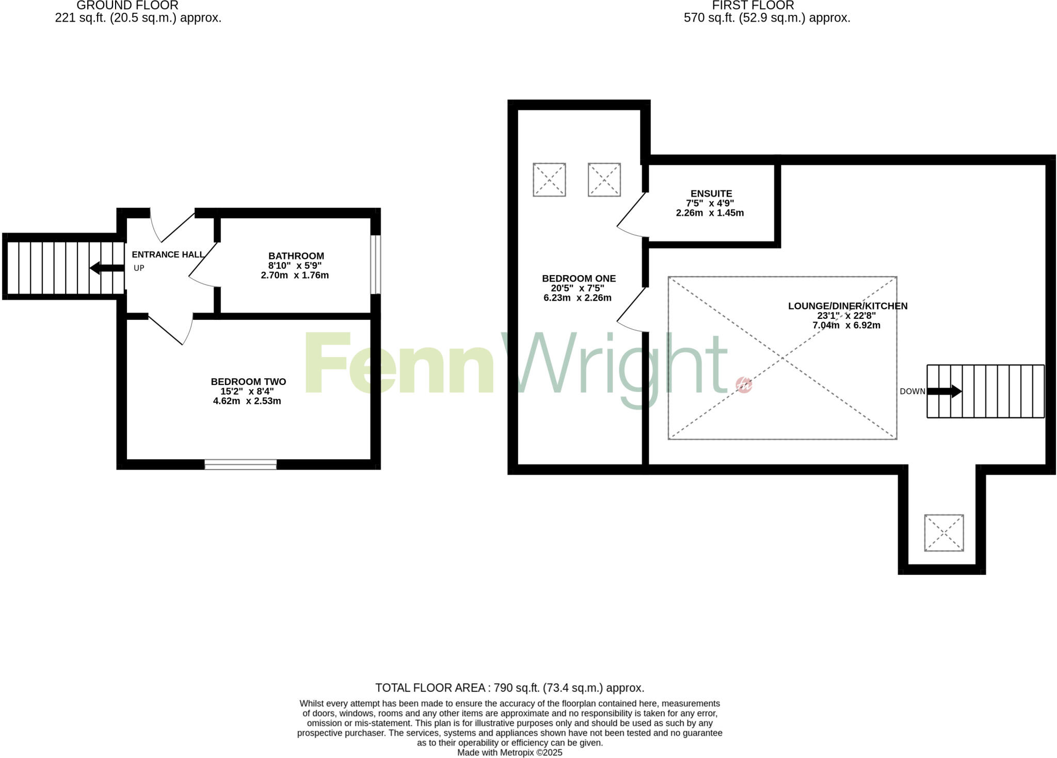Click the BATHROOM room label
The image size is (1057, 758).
(x=296, y=256)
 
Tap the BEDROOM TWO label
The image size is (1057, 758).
(x=248, y=382)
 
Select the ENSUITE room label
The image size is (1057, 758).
(x=711, y=194)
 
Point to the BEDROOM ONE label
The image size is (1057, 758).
(x=579, y=279)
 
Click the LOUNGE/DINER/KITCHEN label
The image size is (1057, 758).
(x=847, y=306)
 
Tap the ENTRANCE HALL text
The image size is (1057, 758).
(x=168, y=254)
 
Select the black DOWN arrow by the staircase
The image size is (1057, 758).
(x=944, y=391)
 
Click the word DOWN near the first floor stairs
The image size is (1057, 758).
(x=912, y=392)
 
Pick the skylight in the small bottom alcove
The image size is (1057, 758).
(x=943, y=533)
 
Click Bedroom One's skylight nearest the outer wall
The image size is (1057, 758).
(x=549, y=180)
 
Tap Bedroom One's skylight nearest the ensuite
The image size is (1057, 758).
(x=604, y=180)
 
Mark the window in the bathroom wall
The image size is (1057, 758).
(x=376, y=265)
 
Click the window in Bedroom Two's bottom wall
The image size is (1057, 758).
(x=241, y=464)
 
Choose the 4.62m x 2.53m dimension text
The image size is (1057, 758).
(x=247, y=401)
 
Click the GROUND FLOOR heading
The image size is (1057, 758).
(x=127, y=6)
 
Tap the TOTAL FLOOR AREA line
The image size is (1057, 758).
(x=509, y=688)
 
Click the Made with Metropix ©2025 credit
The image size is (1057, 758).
(x=509, y=752)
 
